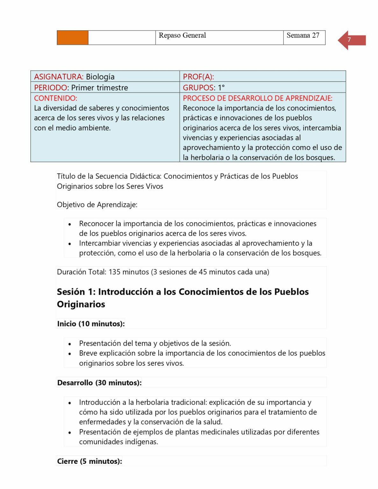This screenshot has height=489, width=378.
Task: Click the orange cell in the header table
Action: [72, 38]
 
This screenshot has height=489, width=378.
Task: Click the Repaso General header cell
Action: [182, 35]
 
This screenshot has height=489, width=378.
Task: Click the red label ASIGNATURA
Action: [59, 77]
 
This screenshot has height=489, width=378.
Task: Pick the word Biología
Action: [100, 77]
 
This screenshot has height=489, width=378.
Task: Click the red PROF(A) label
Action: [198, 77]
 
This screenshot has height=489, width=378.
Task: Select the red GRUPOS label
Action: [198, 88]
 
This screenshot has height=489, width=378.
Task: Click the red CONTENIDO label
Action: [55, 98]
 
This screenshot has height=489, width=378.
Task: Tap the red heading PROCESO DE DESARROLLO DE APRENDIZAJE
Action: [257, 98]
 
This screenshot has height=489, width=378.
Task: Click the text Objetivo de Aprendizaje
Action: [97, 205]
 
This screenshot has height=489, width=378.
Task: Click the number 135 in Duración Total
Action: [115, 272]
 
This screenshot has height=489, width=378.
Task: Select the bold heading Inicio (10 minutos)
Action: [91, 324]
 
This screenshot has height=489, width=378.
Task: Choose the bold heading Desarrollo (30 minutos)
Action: [99, 383]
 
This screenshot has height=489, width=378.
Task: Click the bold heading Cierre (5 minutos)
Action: [89, 461]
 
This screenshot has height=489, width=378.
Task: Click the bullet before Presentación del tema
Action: [70, 344]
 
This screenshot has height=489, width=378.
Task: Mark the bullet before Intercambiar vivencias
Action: [70, 244]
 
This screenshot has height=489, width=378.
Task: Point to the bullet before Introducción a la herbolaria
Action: [70, 403]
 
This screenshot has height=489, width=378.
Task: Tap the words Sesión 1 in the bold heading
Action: [76, 292]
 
